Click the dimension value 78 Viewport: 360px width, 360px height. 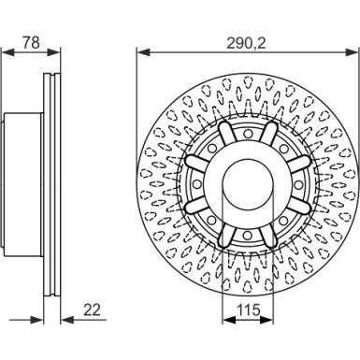(32, 42)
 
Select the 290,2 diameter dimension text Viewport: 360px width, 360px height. (246, 42)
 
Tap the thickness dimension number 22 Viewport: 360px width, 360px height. (92, 310)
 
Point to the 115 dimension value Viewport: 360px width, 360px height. (249, 310)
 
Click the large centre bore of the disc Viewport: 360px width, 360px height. (248, 184)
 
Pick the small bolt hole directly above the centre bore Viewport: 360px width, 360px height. (248, 134)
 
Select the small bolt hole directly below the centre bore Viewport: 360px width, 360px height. (248, 235)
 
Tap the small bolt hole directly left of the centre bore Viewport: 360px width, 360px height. (197, 184)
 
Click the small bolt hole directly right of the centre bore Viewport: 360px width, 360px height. (298, 184)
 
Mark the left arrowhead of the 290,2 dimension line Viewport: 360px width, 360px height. (144, 52)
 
